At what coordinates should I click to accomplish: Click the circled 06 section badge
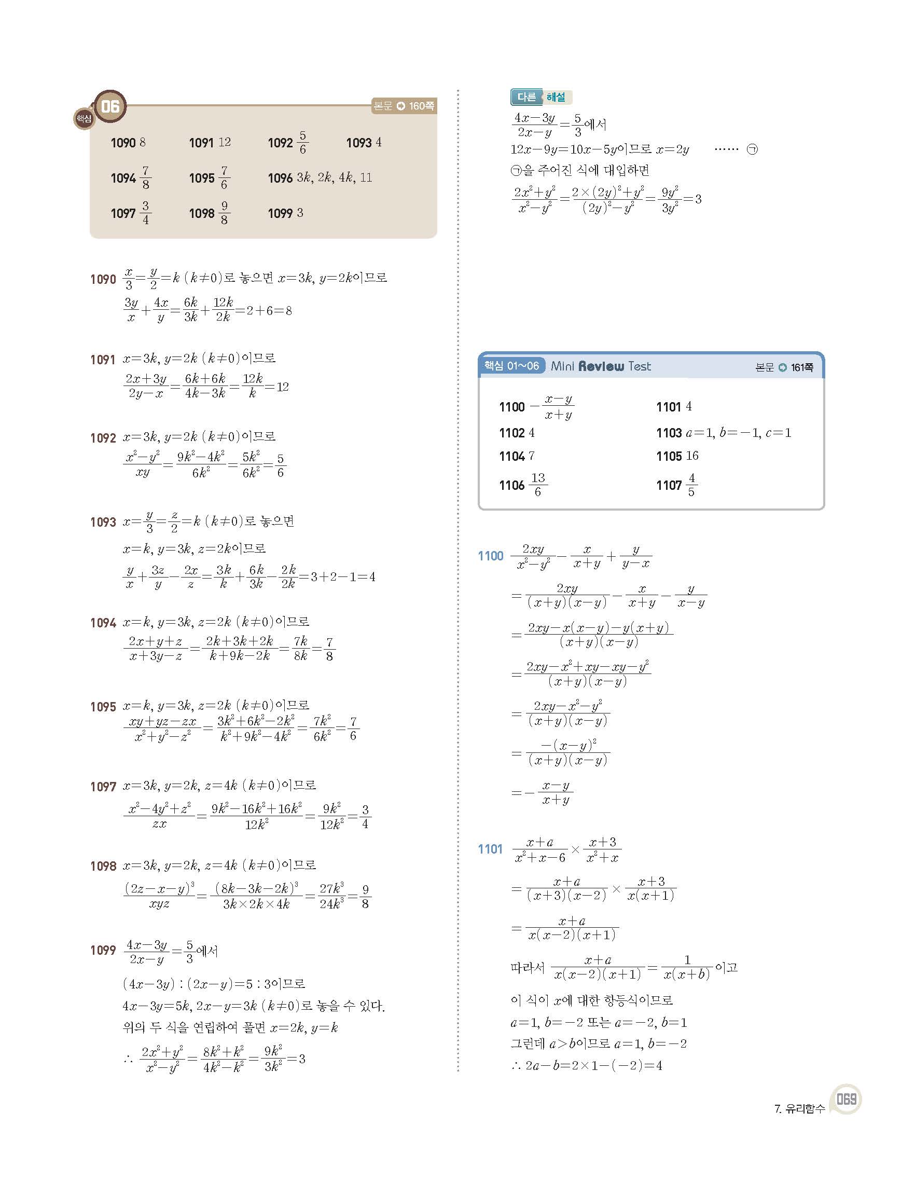(110, 106)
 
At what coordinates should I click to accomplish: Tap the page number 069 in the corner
(847, 1100)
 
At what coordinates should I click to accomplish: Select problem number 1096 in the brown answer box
(280, 178)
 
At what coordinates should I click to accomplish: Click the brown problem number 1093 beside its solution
(103, 523)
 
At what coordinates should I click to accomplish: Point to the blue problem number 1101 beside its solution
(490, 849)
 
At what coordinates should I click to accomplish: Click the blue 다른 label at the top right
(526, 98)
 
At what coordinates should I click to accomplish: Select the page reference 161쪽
(801, 368)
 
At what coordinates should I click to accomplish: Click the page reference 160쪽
(421, 106)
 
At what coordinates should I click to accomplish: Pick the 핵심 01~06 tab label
(511, 366)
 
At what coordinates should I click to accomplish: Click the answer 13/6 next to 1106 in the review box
(538, 485)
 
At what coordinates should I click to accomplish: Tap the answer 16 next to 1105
(692, 456)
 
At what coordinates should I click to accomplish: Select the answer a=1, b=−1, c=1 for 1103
(738, 433)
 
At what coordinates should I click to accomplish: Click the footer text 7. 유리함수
(799, 1108)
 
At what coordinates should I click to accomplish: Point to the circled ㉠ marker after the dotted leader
(752, 150)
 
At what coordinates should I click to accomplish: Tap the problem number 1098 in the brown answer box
(202, 214)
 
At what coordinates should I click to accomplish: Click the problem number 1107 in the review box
(669, 485)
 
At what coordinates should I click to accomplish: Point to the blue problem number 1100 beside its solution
(490, 556)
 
